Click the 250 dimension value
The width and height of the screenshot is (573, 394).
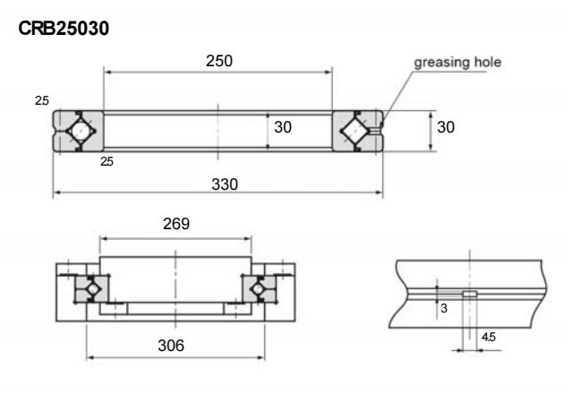pyautogui.click(x=218, y=61)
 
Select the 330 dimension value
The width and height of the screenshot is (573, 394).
pyautogui.click(x=218, y=183)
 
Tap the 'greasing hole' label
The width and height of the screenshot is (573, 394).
pyautogui.click(x=457, y=63)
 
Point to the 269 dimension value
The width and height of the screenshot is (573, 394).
pyautogui.click(x=175, y=225)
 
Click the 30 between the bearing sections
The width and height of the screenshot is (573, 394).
pyautogui.click(x=283, y=128)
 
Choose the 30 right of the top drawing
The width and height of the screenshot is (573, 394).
pyautogui.click(x=446, y=127)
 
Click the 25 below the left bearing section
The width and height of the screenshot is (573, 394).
pyautogui.click(x=107, y=162)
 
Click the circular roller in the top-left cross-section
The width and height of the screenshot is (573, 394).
pyautogui.click(x=79, y=130)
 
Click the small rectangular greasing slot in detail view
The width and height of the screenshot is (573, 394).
pyautogui.click(x=469, y=293)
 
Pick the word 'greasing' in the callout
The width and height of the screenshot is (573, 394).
pyautogui.click(x=441, y=63)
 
